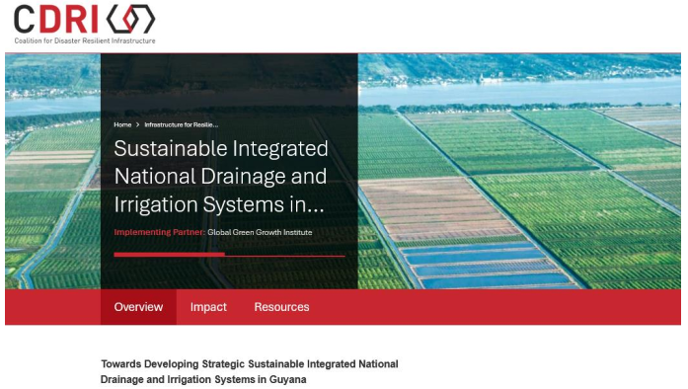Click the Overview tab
point(138,307)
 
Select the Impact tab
point(208,307)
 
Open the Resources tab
point(281,307)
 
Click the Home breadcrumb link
point(122,124)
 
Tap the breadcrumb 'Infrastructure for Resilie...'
point(182,124)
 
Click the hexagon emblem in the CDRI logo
point(130,19)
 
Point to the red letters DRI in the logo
point(69,19)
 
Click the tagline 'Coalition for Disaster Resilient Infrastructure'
point(85,40)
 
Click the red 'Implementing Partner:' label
point(159,232)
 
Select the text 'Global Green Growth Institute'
point(260,232)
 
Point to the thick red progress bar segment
point(170,254)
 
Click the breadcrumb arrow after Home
point(138,124)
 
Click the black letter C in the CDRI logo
point(24,19)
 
